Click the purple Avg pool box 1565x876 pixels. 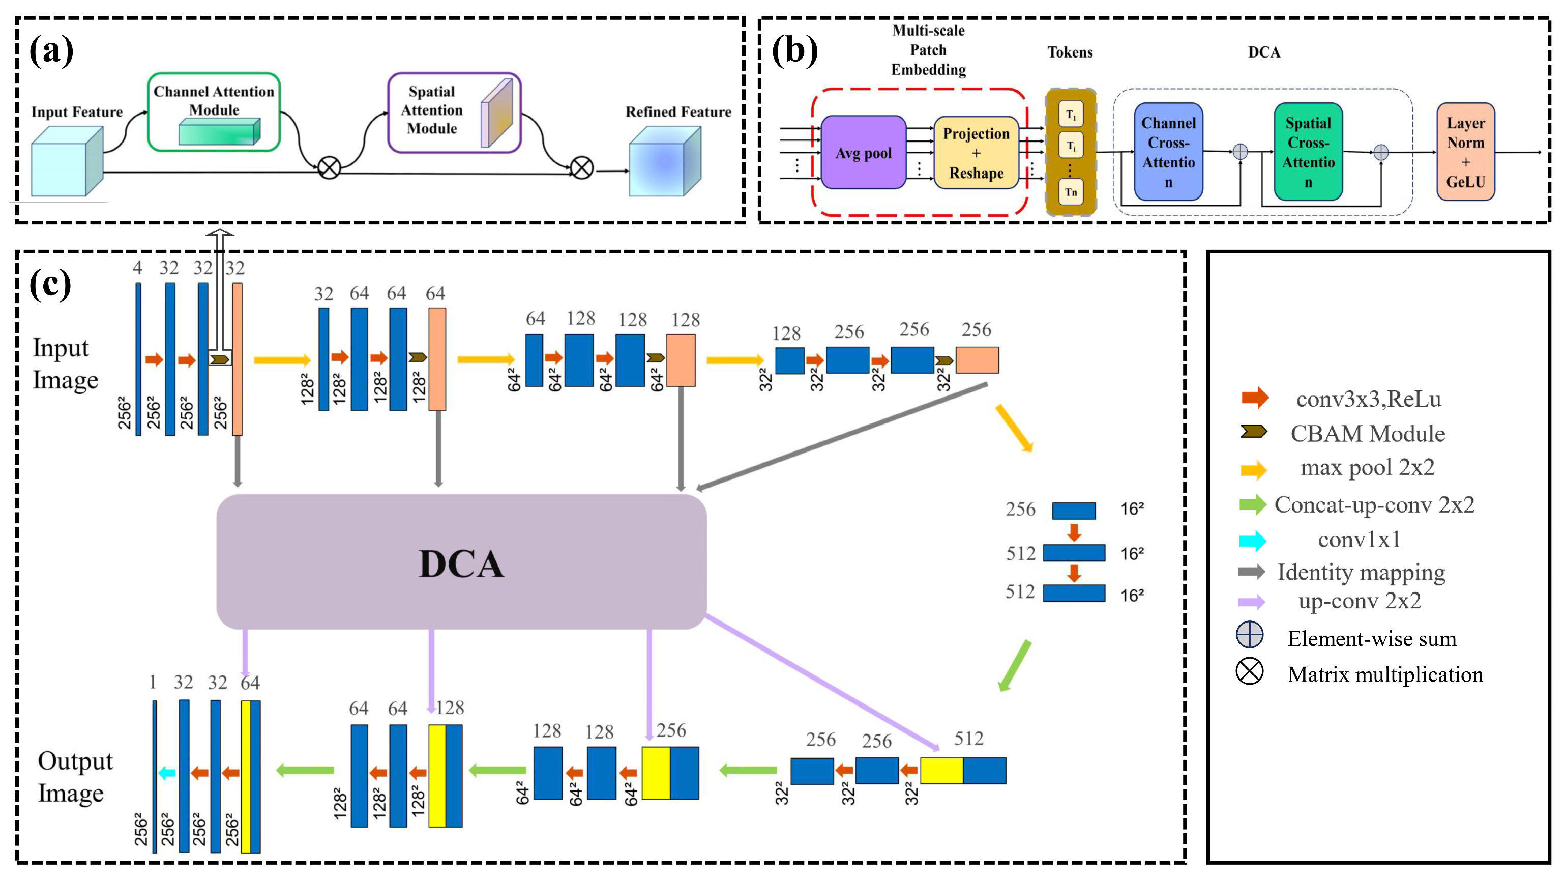click(863, 152)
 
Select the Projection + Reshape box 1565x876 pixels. click(976, 153)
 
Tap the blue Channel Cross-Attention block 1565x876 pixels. click(1168, 152)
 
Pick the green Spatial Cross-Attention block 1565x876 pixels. click(1308, 152)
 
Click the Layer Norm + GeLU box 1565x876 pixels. click(1465, 152)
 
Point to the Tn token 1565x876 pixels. click(1071, 192)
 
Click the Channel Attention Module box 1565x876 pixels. click(214, 112)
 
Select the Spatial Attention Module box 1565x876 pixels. click(454, 112)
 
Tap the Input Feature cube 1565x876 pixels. click(67, 162)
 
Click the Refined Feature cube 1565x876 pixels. click(665, 162)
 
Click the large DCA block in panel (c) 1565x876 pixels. click(461, 562)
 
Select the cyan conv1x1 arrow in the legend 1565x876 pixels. click(1252, 541)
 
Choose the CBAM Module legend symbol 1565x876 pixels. click(1253, 432)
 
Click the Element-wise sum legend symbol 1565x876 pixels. click(1250, 635)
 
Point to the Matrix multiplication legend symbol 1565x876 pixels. click(1250, 672)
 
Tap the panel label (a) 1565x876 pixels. click(52, 50)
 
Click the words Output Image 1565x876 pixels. click(75, 777)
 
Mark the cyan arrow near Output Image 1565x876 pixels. click(166, 773)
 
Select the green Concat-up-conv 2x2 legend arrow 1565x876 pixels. click(1252, 504)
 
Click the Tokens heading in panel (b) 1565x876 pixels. click(1070, 52)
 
